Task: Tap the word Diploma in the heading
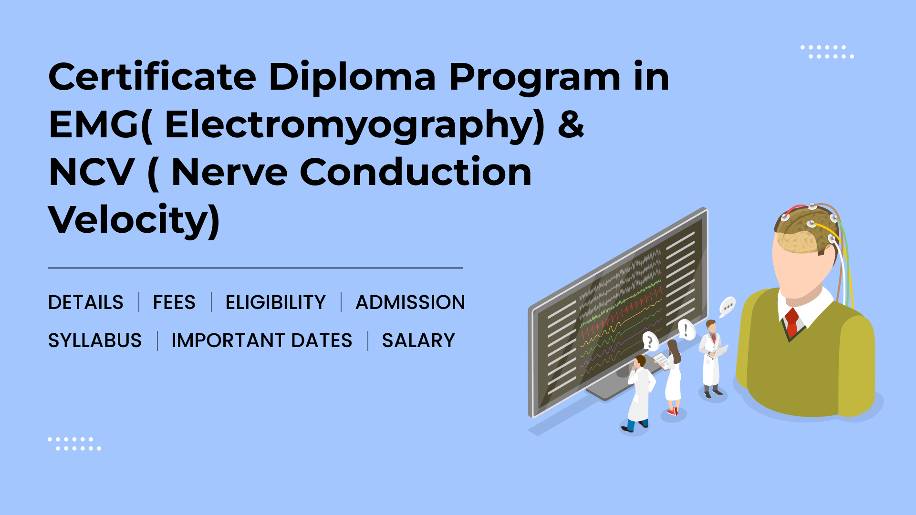pyautogui.click(x=353, y=77)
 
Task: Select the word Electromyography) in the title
pyautogui.click(x=354, y=125)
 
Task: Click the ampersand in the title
pyautogui.click(x=571, y=124)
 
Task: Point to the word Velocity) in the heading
pyautogui.click(x=134, y=220)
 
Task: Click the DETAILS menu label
pyautogui.click(x=86, y=302)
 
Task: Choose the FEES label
pyautogui.click(x=174, y=302)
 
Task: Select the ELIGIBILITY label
pyautogui.click(x=275, y=302)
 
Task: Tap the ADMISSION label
pyautogui.click(x=410, y=302)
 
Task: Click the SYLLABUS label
pyautogui.click(x=95, y=340)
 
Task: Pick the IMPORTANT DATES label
pyautogui.click(x=262, y=340)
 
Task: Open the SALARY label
pyautogui.click(x=418, y=340)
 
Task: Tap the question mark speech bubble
pyautogui.click(x=650, y=341)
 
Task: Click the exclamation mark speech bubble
pyautogui.click(x=686, y=329)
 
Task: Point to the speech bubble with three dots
pyautogui.click(x=727, y=306)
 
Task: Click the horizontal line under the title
pyautogui.click(x=255, y=268)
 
